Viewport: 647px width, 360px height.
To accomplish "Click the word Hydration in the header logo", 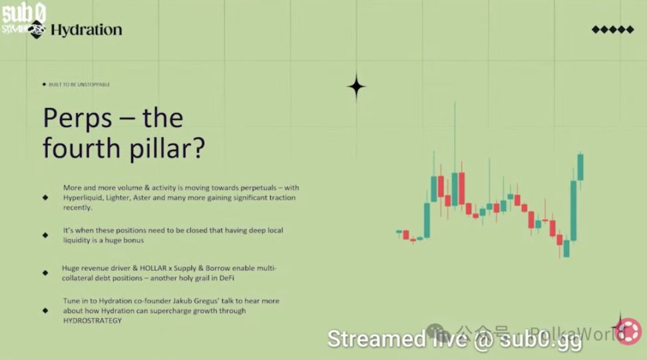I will click(x=86, y=29).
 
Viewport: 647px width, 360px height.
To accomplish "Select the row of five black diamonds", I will click(x=612, y=29).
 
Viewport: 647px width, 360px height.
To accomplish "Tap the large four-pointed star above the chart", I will click(x=356, y=87).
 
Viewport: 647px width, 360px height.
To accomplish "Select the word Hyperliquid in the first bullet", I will click(x=84, y=198).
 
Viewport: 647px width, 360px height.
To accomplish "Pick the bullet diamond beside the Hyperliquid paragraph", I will click(x=45, y=198).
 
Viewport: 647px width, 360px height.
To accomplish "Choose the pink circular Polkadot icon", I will click(x=627, y=332).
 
